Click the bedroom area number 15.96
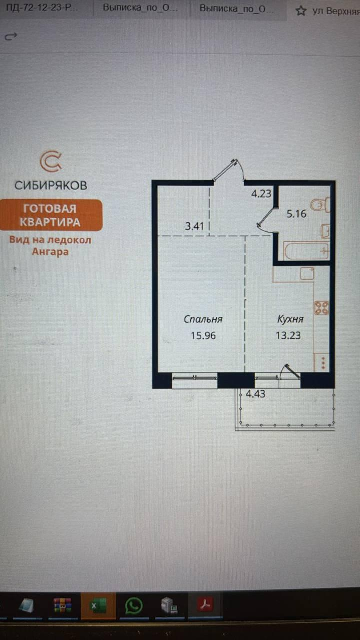click(x=203, y=335)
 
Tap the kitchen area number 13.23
click(x=288, y=335)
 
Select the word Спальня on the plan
click(x=203, y=319)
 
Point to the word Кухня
click(x=290, y=319)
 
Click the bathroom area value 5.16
click(x=296, y=214)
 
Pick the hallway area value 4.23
click(x=261, y=194)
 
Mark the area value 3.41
click(x=195, y=226)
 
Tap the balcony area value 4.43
click(x=255, y=394)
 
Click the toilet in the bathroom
click(x=320, y=205)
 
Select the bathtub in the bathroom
click(x=306, y=251)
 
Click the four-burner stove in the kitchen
click(x=321, y=308)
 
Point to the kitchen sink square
click(x=307, y=273)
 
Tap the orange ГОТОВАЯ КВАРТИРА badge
click(x=51, y=215)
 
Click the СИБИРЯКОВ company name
click(x=51, y=185)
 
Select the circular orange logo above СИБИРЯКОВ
click(x=51, y=161)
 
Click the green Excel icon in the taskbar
click(x=98, y=606)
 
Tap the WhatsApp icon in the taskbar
click(x=134, y=606)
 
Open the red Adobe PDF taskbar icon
click(x=205, y=605)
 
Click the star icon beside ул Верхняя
click(x=301, y=11)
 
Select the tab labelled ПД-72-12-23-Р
click(x=42, y=7)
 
